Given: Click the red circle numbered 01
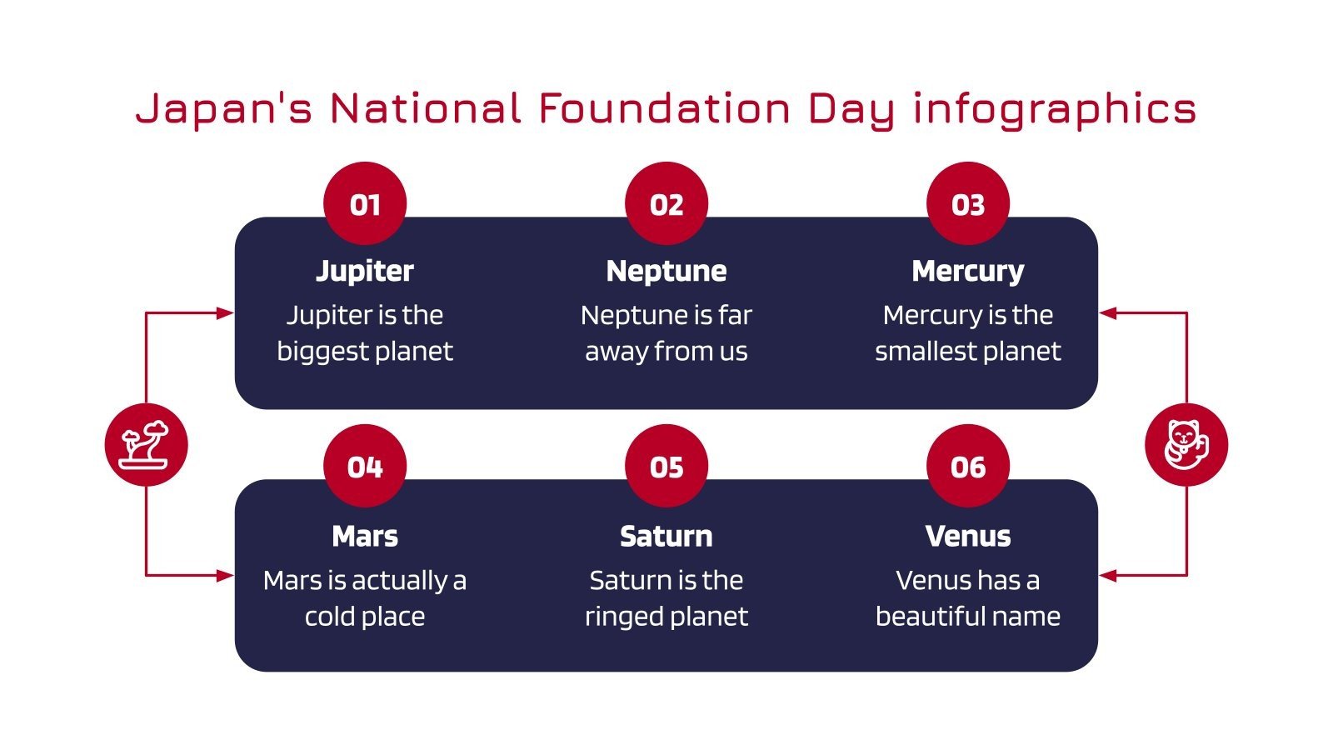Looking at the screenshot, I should pos(365,203).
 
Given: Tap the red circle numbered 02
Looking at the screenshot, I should pos(666,203).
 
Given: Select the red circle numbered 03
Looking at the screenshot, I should pos(968,203).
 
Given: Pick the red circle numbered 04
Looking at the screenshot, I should pos(365,466).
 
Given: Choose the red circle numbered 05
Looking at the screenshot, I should pos(666,466).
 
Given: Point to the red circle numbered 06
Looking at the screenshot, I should pos(968,466).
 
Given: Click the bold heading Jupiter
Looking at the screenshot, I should pos(365,271).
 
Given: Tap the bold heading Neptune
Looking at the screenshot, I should pos(666,271).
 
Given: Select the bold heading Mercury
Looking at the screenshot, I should pos(968,271).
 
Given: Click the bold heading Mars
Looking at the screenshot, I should pos(365,536).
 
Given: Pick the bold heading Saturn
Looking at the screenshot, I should pos(666,536).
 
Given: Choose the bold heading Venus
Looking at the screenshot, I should pos(968,536).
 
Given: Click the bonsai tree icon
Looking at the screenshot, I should pos(146,444).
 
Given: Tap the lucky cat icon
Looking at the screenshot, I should pos(1186,444).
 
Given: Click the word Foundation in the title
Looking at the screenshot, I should pos(664,108).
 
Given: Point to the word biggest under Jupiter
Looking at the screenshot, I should pos(313,352).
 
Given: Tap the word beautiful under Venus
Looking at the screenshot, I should pos(925,617).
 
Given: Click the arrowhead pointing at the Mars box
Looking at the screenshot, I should pos(225,575).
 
